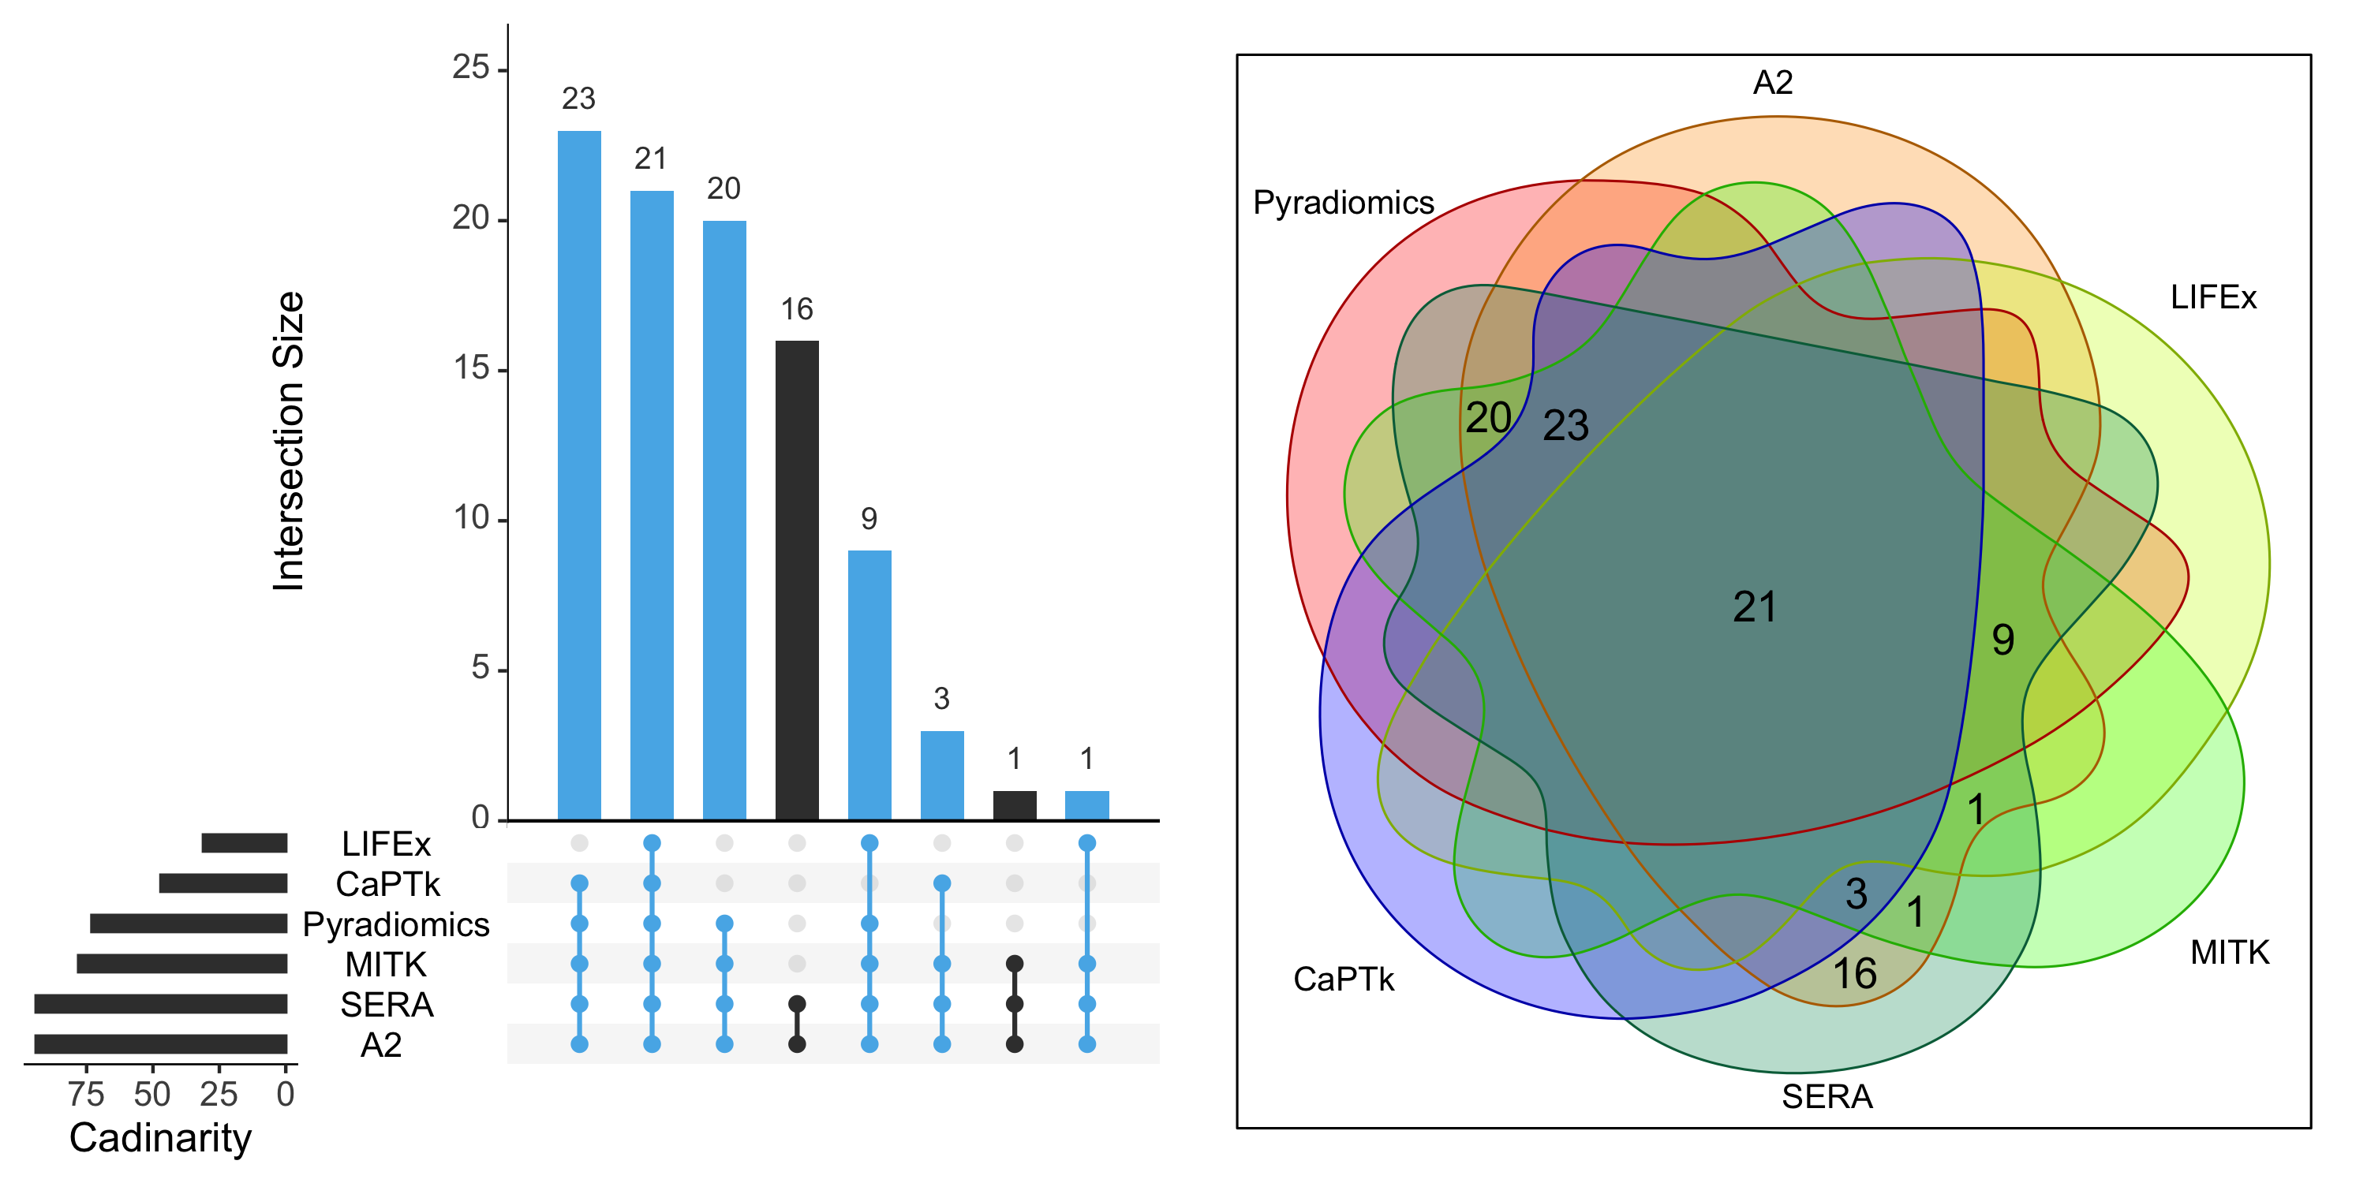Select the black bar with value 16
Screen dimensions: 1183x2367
pyautogui.click(x=797, y=580)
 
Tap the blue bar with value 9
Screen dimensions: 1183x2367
pyautogui.click(x=869, y=685)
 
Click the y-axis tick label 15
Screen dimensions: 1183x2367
pyautogui.click(x=470, y=368)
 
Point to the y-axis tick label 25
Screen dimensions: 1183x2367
pyautogui.click(x=470, y=68)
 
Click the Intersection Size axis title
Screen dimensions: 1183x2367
pyautogui.click(x=289, y=441)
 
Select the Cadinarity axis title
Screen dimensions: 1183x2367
pyautogui.click(x=160, y=1138)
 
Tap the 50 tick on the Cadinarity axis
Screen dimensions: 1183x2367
pyautogui.click(x=152, y=1094)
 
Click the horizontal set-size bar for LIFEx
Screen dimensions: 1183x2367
pyautogui.click(x=245, y=842)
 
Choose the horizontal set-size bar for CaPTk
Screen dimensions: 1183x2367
pyautogui.click(x=223, y=883)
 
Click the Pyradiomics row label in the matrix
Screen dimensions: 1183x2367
pyautogui.click(x=396, y=924)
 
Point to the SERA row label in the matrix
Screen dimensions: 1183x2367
pyautogui.click(x=387, y=1005)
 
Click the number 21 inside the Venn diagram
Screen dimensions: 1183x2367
pyautogui.click(x=1754, y=607)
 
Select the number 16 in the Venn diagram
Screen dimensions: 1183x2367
pyautogui.click(x=1854, y=973)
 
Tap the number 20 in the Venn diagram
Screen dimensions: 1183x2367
pyautogui.click(x=1487, y=418)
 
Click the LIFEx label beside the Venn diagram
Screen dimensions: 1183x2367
pyautogui.click(x=2212, y=297)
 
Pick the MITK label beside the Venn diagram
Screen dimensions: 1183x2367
pyautogui.click(x=2229, y=953)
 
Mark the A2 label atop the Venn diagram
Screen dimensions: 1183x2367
pyautogui.click(x=1773, y=83)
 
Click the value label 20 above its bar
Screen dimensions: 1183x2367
pyautogui.click(x=724, y=188)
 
